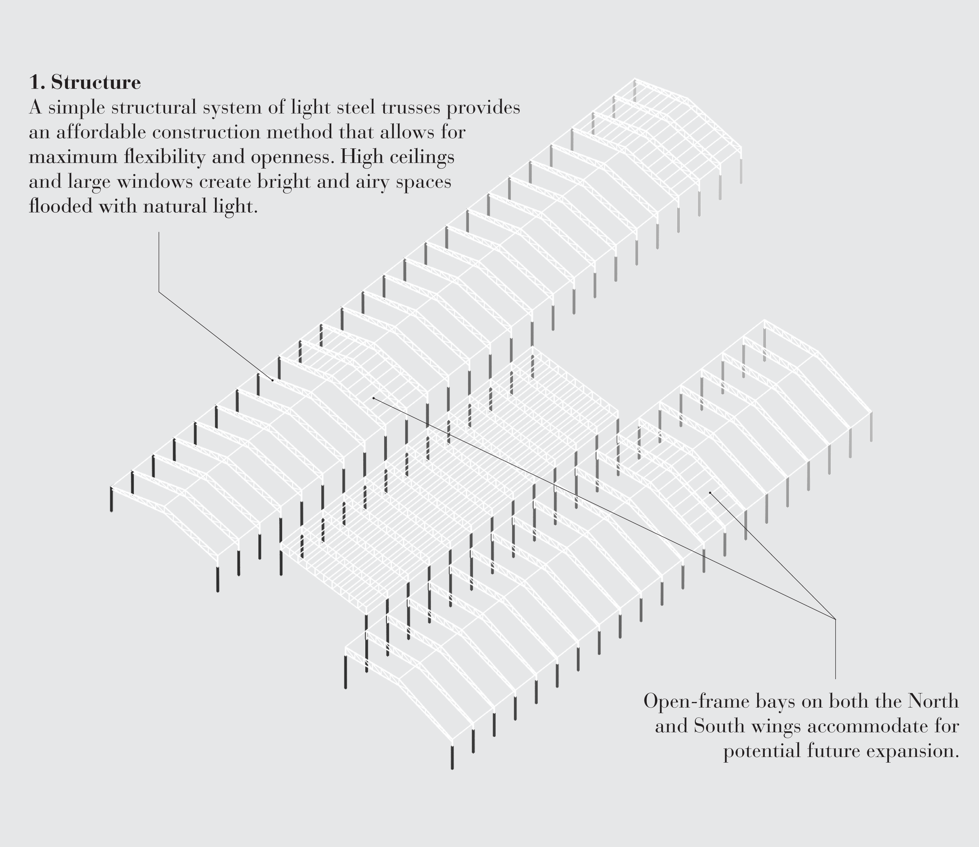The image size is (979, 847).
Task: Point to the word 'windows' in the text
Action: pyautogui.click(x=155, y=182)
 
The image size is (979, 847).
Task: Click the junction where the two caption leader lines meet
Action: pyautogui.click(x=835, y=619)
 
